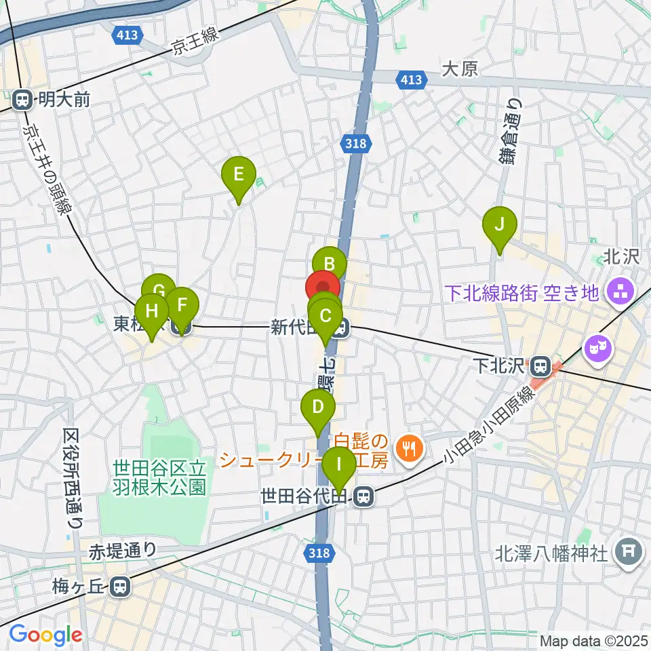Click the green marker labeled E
[239, 174]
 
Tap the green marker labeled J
[500, 224]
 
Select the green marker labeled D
[317, 408]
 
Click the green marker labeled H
[151, 311]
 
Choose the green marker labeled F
[181, 305]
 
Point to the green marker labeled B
[330, 263]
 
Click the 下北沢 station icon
[540, 367]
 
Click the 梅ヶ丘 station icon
[121, 586]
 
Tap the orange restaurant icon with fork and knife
[409, 448]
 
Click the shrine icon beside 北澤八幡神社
[628, 553]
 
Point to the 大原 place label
[460, 69]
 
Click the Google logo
[45, 635]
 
